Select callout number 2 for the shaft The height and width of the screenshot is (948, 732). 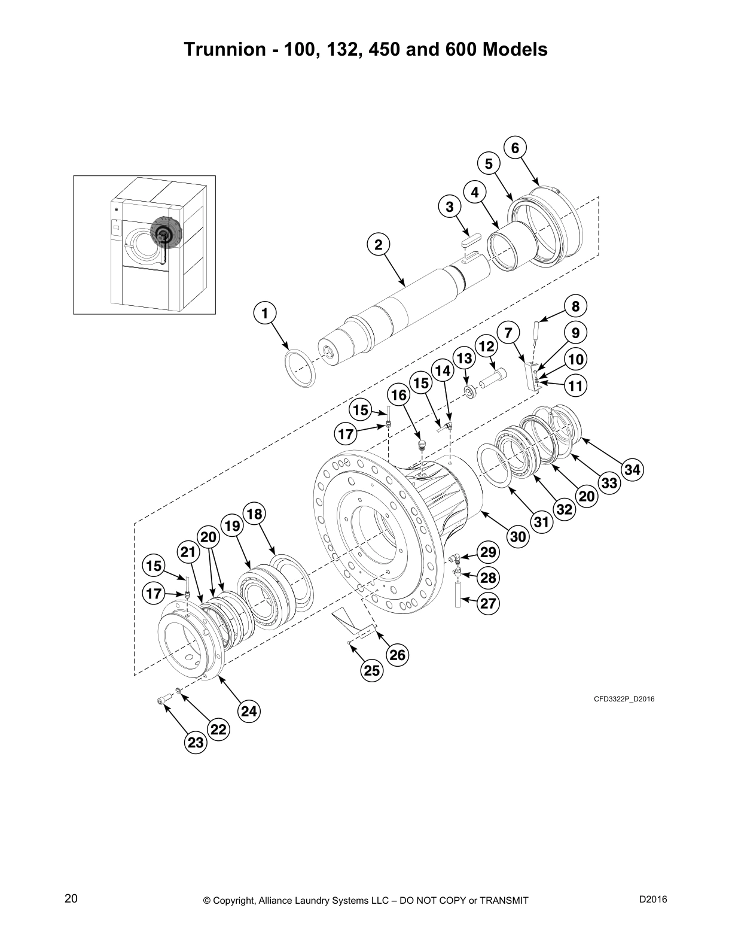coord(378,244)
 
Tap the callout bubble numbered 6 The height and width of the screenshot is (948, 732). coord(516,148)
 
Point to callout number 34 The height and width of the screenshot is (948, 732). coord(632,470)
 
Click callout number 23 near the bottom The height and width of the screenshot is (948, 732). coord(196,743)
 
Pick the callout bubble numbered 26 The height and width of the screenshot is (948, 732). coord(398,655)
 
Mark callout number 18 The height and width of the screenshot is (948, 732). coord(255,514)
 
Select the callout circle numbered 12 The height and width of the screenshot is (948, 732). coord(486,347)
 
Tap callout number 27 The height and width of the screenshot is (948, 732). coord(488,603)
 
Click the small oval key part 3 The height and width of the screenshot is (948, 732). coord(472,239)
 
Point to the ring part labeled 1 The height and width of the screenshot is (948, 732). coord(300,369)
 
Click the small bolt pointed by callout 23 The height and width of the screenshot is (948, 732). coord(162,701)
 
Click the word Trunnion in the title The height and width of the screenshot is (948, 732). coord(222,49)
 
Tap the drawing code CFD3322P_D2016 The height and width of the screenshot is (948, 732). coord(624,698)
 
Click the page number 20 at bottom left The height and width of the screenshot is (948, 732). coord(71,898)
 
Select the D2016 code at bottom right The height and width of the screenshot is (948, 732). coord(653,898)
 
